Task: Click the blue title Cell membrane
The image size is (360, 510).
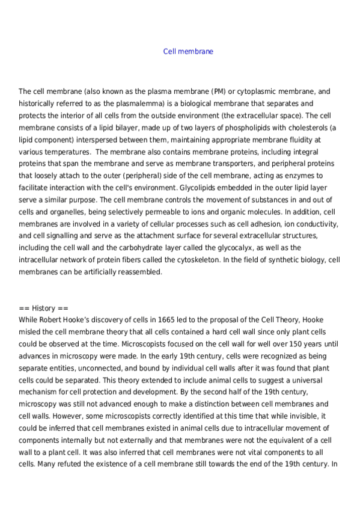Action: click(x=188, y=52)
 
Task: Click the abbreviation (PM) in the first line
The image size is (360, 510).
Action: click(x=219, y=92)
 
